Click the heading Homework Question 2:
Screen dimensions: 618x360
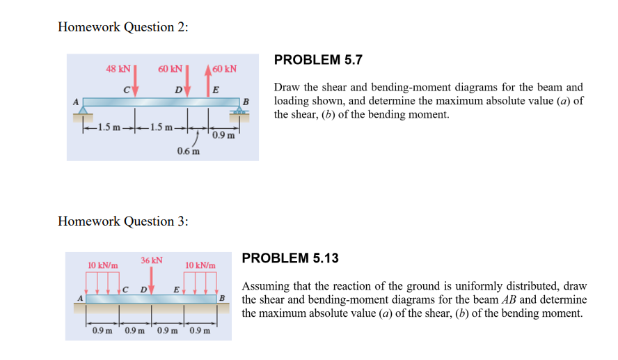click(123, 27)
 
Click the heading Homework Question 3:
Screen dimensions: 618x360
click(123, 221)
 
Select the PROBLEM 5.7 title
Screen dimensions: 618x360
click(318, 60)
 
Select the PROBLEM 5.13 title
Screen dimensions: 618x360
click(290, 258)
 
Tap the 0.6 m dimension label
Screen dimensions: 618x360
click(188, 150)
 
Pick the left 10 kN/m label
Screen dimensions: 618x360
click(102, 265)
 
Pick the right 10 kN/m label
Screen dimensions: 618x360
click(200, 265)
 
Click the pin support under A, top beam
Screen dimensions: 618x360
click(84, 111)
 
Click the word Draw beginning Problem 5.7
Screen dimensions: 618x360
click(287, 88)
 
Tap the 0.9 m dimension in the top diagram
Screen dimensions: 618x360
click(223, 134)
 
